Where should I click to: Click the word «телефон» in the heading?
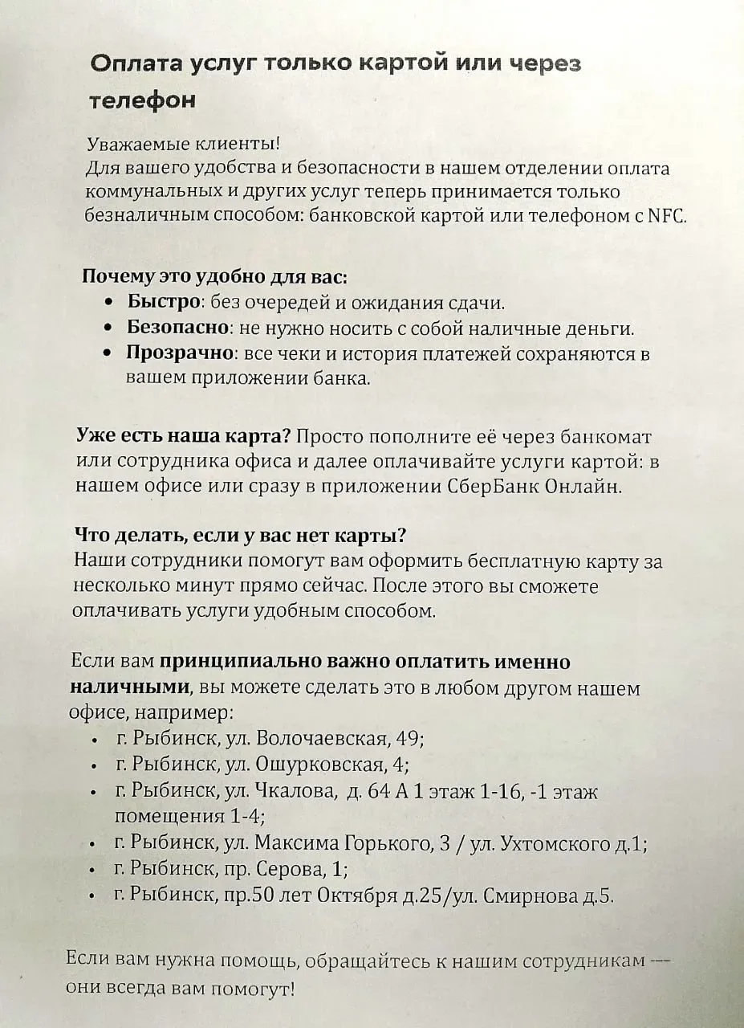[x=141, y=101]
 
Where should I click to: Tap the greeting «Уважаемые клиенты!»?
[x=184, y=145]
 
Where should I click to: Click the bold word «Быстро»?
[x=164, y=303]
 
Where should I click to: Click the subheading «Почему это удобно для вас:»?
[x=214, y=277]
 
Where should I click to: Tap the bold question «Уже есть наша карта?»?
[x=183, y=437]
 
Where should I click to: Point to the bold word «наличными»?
[x=131, y=687]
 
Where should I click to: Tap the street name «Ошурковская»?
[x=321, y=763]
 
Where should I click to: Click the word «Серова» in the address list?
[x=291, y=869]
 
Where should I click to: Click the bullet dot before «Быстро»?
[x=110, y=304]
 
